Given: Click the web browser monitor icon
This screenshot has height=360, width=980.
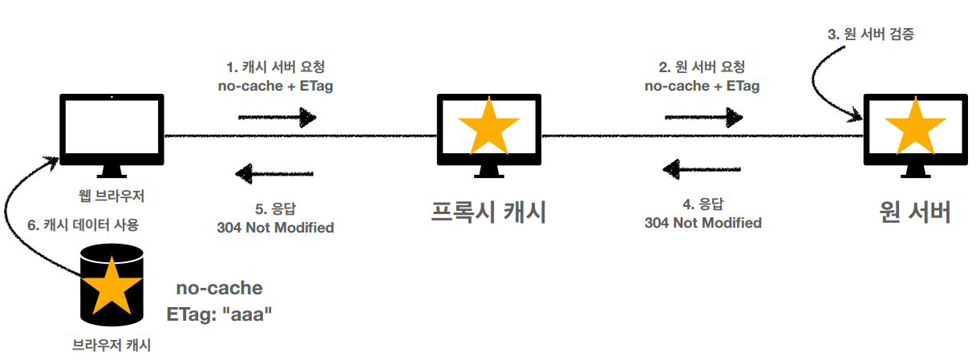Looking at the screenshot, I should click(112, 132).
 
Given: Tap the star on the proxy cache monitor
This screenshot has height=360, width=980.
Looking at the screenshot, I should click(488, 127).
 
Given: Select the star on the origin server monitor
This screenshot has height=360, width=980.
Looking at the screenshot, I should click(914, 127).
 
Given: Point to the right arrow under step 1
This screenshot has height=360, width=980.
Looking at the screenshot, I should click(277, 118).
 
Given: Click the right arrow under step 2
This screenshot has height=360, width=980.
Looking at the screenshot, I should click(703, 118).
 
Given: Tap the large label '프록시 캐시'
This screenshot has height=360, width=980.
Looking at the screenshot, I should click(488, 212).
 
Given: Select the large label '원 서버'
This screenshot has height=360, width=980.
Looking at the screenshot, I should click(915, 212).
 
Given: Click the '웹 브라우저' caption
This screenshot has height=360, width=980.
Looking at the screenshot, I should click(112, 195).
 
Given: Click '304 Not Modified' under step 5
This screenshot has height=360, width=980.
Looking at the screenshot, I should click(275, 227).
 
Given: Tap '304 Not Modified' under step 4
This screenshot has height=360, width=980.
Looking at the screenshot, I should click(703, 222).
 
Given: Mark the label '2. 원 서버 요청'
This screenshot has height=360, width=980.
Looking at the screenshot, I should click(703, 67).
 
